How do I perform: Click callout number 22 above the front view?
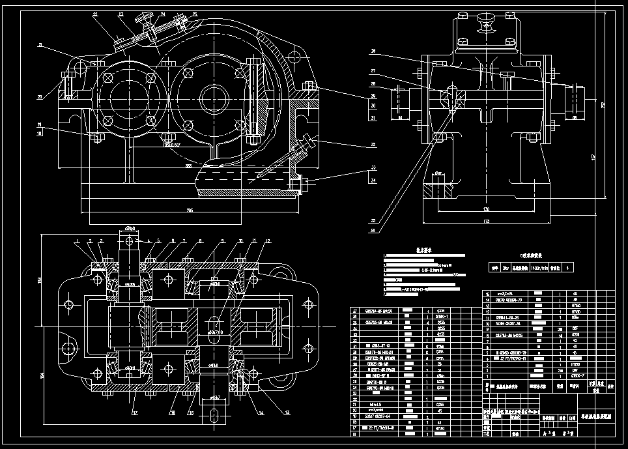95,14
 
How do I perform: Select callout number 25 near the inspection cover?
177,14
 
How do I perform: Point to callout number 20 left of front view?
40,97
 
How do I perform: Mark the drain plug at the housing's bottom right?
298,184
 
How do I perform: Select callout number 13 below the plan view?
287,412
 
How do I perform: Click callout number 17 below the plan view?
135,412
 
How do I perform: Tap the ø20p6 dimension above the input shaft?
129,228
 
